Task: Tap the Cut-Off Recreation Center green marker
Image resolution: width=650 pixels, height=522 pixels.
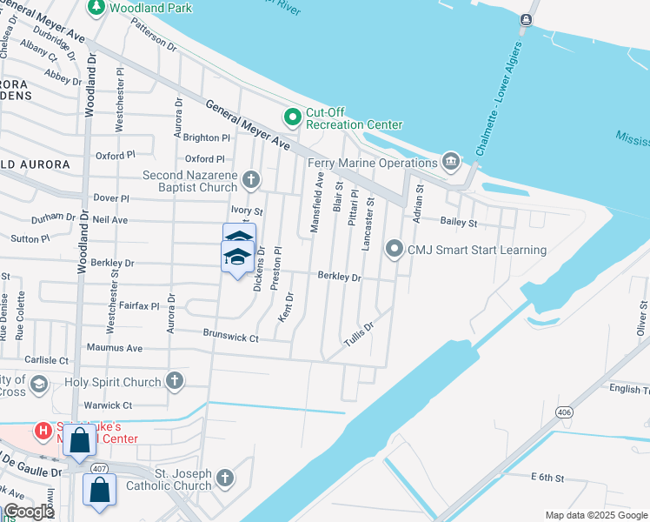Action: tap(292, 116)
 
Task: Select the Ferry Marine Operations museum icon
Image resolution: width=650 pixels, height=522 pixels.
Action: tap(450, 162)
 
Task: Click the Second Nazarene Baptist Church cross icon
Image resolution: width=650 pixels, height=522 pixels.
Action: tap(250, 180)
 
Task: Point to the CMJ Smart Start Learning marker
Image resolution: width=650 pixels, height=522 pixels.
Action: tap(395, 250)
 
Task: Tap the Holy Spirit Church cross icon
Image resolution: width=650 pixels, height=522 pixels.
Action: tap(175, 381)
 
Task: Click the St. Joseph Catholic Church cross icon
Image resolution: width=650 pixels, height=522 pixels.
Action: tap(225, 478)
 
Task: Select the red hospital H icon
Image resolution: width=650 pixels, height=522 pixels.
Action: tap(41, 430)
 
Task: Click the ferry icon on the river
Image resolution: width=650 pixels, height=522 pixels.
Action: tap(527, 20)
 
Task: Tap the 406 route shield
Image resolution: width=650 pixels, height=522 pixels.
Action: tap(565, 412)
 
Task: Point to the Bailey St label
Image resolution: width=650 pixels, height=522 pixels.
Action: tap(460, 223)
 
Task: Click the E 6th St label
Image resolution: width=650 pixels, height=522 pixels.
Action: tap(547, 478)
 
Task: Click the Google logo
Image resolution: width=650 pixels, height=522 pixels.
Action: tap(29, 512)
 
